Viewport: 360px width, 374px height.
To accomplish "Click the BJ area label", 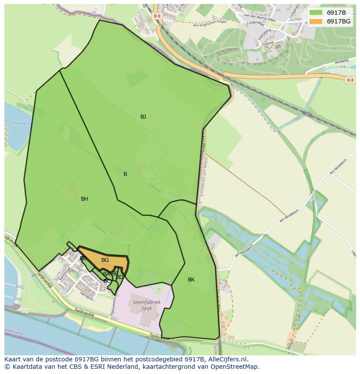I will [x=143, y=117].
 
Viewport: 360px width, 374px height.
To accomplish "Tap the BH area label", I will [x=84, y=199].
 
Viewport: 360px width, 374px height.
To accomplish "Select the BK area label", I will [x=191, y=280].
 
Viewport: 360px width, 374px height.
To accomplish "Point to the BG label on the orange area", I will [x=105, y=260].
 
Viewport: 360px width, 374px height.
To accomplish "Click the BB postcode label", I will [x=83, y=258].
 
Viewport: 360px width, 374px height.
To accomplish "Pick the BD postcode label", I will [x=120, y=277].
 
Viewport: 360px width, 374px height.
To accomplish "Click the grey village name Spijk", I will [x=92, y=284].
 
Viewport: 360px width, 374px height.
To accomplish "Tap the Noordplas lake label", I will [x=22, y=123].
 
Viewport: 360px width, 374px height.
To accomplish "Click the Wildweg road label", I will [x=342, y=62].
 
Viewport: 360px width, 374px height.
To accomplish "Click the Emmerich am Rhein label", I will [x=202, y=178].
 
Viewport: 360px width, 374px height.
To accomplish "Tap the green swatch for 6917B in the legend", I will [x=316, y=13].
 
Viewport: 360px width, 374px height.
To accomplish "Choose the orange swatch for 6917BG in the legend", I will [x=316, y=21].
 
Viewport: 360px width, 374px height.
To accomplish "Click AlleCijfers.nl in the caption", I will [x=227, y=359].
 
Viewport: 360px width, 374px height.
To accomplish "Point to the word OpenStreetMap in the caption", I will [x=235, y=367].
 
